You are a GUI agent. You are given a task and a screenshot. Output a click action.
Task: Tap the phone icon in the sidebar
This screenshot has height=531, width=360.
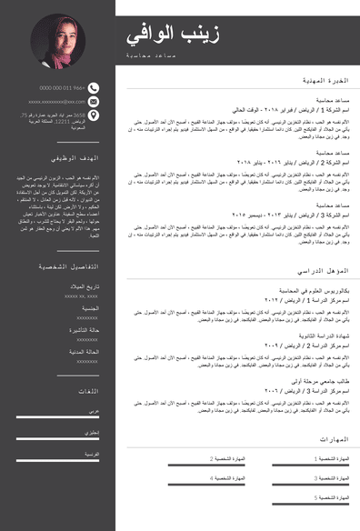[95, 88]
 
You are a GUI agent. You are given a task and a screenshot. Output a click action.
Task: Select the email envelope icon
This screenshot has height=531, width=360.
[95, 102]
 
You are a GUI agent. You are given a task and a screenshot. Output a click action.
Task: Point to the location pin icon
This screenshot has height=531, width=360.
[95, 116]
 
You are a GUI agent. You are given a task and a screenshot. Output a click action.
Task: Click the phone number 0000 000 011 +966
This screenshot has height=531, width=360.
[62, 88]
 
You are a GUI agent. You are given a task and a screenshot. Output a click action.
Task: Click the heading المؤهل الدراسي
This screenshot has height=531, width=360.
[324, 272]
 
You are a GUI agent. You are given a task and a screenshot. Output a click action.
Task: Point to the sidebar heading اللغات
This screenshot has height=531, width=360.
[88, 391]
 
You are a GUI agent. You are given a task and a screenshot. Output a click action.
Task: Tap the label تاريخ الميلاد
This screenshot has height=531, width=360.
[85, 287]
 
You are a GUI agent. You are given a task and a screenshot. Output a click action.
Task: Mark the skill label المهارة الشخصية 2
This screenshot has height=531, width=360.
[228, 459]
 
